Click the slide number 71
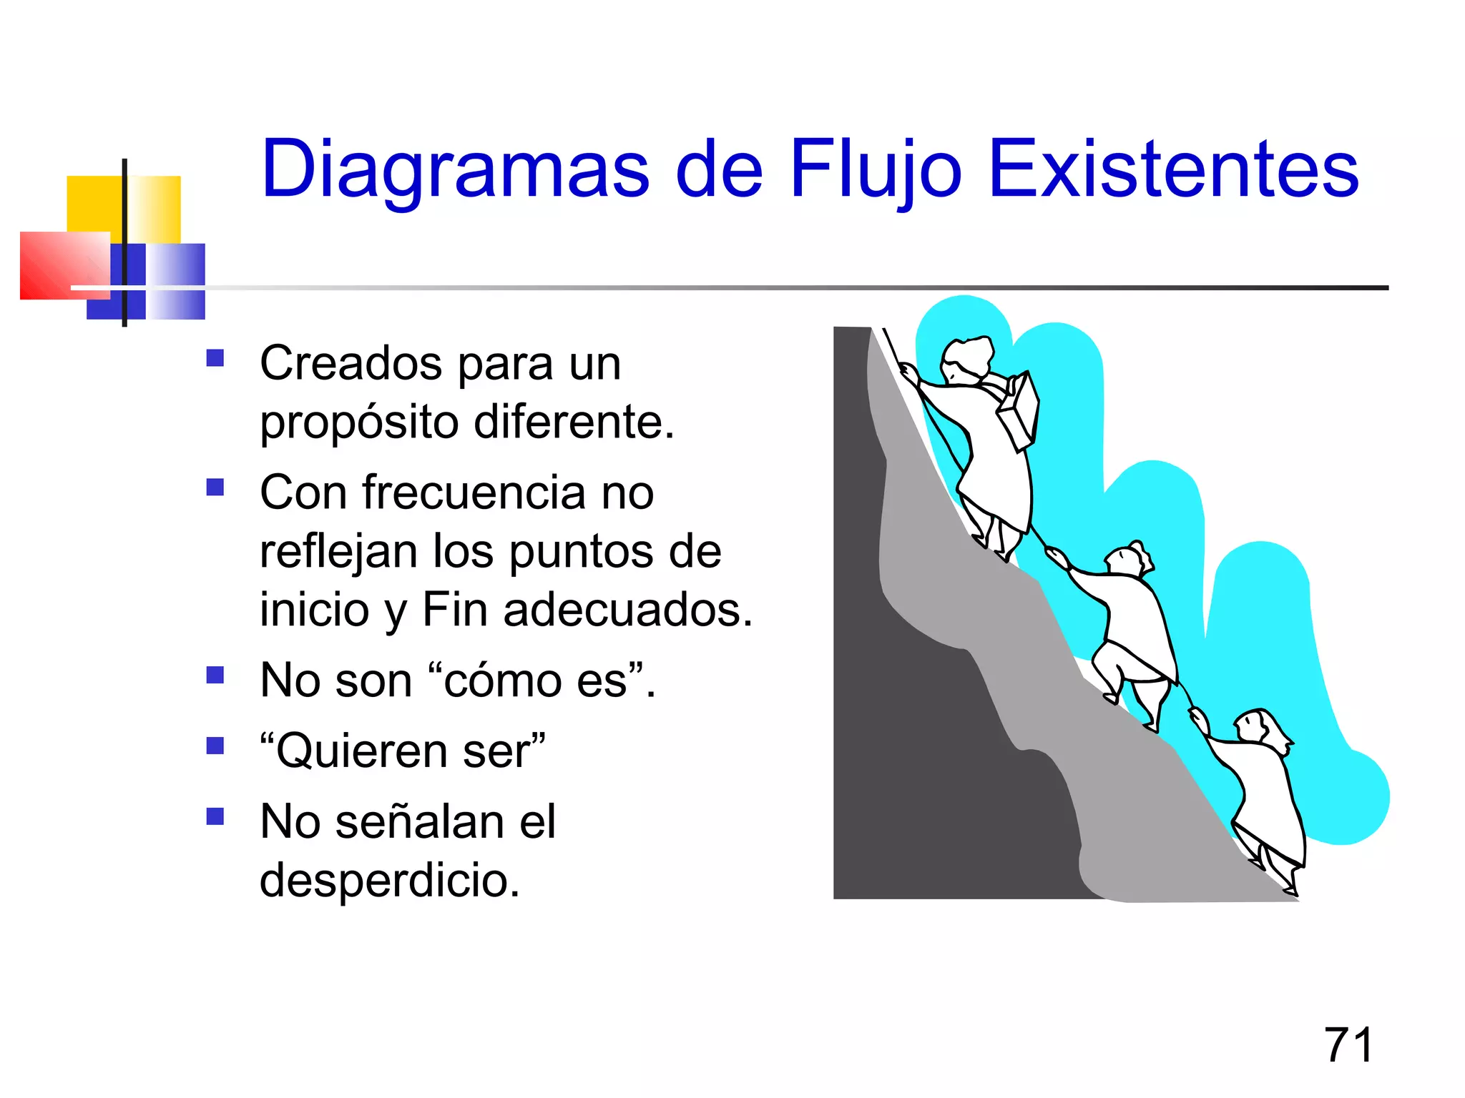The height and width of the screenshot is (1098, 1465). pyautogui.click(x=1348, y=1045)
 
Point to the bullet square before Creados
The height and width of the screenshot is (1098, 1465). pyautogui.click(x=215, y=357)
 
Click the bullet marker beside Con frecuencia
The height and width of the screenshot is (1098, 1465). pyautogui.click(x=215, y=487)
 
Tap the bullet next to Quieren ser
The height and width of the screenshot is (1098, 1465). pyautogui.click(x=215, y=746)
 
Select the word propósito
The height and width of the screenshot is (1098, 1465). pyautogui.click(x=359, y=423)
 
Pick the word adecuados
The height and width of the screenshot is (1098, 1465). pyautogui.click(x=628, y=610)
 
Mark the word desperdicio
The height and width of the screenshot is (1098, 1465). pyautogui.click(x=389, y=880)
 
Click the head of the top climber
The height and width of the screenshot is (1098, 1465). pyautogui.click(x=966, y=360)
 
